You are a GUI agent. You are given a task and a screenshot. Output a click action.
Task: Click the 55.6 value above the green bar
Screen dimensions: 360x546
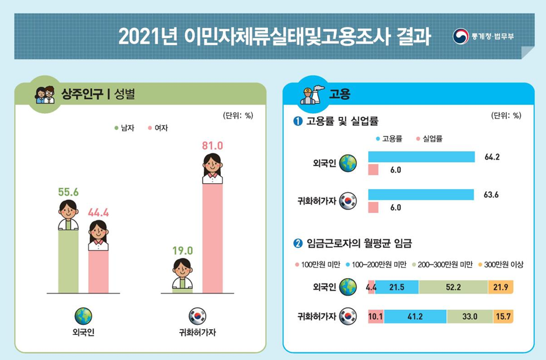[68, 191]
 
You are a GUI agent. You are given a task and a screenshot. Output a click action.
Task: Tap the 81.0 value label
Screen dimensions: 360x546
[213, 145]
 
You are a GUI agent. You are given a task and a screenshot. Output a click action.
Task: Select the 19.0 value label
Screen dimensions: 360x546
[182, 250]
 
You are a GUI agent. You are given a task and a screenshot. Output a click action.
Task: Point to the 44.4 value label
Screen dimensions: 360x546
[98, 212]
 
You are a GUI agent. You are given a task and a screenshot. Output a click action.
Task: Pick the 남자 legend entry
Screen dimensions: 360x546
[124, 128]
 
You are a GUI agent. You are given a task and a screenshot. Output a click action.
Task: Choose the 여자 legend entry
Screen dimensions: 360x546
[158, 128]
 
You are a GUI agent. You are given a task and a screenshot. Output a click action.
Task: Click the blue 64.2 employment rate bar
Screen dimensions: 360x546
[421, 157]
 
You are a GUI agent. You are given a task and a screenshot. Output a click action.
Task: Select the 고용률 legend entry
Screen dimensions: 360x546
[389, 139]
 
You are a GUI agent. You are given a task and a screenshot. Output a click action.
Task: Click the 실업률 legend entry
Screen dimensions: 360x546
[429, 139]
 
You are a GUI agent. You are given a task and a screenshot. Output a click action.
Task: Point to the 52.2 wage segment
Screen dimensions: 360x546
[453, 287]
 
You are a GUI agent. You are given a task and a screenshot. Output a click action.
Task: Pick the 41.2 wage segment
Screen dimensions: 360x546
[415, 317]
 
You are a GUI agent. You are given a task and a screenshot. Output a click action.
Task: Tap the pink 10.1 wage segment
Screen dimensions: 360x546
[375, 317]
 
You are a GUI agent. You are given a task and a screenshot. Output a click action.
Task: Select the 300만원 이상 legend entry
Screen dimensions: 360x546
[500, 264]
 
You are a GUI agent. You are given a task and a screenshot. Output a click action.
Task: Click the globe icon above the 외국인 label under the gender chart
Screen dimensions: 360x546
[83, 316]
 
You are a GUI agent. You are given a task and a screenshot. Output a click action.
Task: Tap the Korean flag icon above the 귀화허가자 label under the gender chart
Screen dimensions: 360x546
[197, 316]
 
